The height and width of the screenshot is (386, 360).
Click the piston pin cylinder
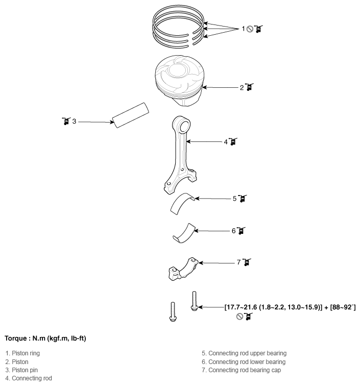[x=131, y=115]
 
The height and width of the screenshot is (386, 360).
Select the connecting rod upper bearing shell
[x=182, y=204]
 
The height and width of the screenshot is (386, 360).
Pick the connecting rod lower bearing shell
[x=184, y=233]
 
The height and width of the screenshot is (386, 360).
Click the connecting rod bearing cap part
[x=183, y=269]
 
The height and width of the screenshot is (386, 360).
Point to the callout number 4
[x=226, y=142]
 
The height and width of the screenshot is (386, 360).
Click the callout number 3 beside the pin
[x=74, y=122]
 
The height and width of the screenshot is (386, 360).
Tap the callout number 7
[x=238, y=262]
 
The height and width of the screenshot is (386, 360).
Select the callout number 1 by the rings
[x=243, y=29]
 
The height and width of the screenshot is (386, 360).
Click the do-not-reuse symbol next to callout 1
[x=250, y=29]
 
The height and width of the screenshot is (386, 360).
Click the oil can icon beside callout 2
[x=249, y=87]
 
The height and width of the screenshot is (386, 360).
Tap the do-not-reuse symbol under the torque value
[x=239, y=317]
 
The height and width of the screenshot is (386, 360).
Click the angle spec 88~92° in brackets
[x=343, y=307]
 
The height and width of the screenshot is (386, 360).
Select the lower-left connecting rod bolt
[x=173, y=311]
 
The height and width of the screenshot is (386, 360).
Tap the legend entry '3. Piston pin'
[x=21, y=370]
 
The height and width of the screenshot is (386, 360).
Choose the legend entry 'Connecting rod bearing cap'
[x=245, y=370]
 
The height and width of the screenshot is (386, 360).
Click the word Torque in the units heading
[x=16, y=338]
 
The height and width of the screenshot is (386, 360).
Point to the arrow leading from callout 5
[x=212, y=199]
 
